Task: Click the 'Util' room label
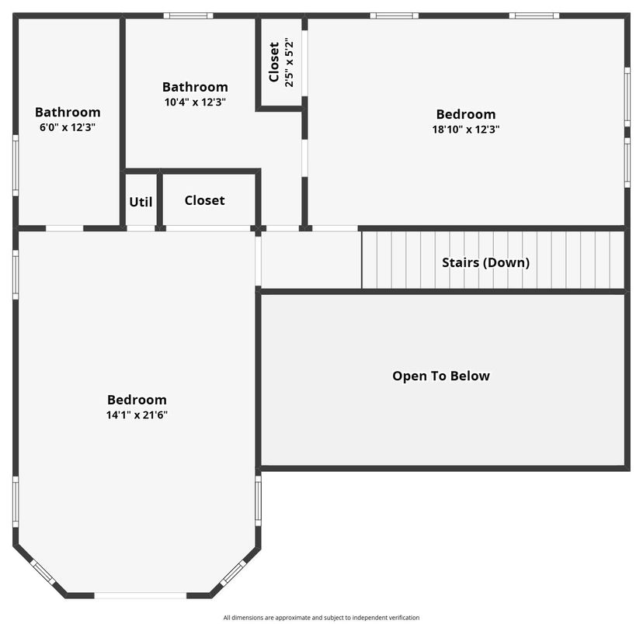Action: coord(141,202)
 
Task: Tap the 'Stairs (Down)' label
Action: coord(485,262)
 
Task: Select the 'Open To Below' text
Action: coord(441,376)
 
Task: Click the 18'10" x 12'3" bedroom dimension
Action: coord(466,130)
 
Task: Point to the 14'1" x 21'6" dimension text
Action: coord(137,415)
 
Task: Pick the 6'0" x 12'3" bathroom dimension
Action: coord(68,127)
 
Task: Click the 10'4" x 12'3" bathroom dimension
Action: coord(195,102)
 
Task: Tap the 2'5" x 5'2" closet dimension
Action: coord(289,63)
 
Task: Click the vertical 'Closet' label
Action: coord(274,62)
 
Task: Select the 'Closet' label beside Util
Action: coord(205,200)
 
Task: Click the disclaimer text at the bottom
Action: coord(321,618)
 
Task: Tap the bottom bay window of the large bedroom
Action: coord(141,595)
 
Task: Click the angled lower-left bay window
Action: coord(43,573)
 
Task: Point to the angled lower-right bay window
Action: coord(233,573)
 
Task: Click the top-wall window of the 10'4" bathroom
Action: coord(188,16)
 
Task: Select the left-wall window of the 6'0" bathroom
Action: coord(16,165)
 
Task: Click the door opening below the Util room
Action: coord(141,228)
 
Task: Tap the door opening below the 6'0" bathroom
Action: coord(64,228)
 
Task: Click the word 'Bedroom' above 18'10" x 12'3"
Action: coord(466,114)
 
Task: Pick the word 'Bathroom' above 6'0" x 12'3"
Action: coord(68,112)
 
